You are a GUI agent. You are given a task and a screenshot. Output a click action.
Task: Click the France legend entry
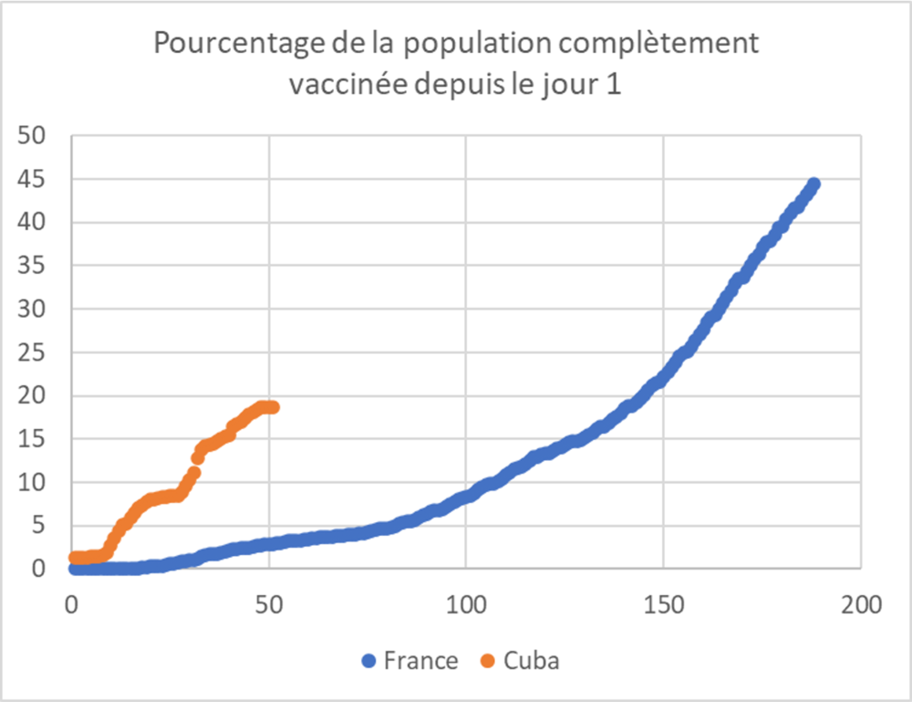(x=421, y=661)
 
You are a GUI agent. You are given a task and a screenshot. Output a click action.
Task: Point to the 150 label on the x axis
(x=663, y=605)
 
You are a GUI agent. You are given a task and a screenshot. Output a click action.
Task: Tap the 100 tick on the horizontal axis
(x=466, y=605)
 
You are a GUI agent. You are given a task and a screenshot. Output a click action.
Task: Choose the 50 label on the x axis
(x=269, y=605)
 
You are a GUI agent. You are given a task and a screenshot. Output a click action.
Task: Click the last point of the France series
(x=814, y=184)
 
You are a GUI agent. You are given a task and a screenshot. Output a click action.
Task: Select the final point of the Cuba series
(x=272, y=407)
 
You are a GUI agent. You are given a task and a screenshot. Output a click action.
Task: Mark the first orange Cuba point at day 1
(x=76, y=558)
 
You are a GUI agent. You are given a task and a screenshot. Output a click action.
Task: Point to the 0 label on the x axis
(x=72, y=605)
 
